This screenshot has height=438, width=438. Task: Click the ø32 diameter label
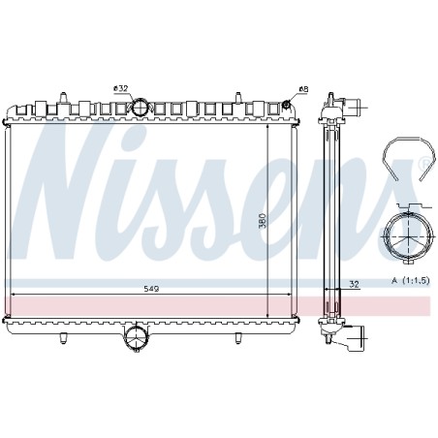(121, 89)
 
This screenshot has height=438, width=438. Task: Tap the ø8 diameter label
(303, 89)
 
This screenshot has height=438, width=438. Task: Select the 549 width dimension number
(151, 289)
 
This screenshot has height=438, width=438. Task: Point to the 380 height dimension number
(263, 221)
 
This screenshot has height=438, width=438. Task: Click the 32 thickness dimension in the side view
(355, 284)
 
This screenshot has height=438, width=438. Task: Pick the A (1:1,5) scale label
(411, 281)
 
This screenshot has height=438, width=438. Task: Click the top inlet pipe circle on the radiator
(141, 107)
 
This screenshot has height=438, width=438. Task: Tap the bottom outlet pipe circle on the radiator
(136, 337)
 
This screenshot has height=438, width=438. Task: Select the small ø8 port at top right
(286, 105)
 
